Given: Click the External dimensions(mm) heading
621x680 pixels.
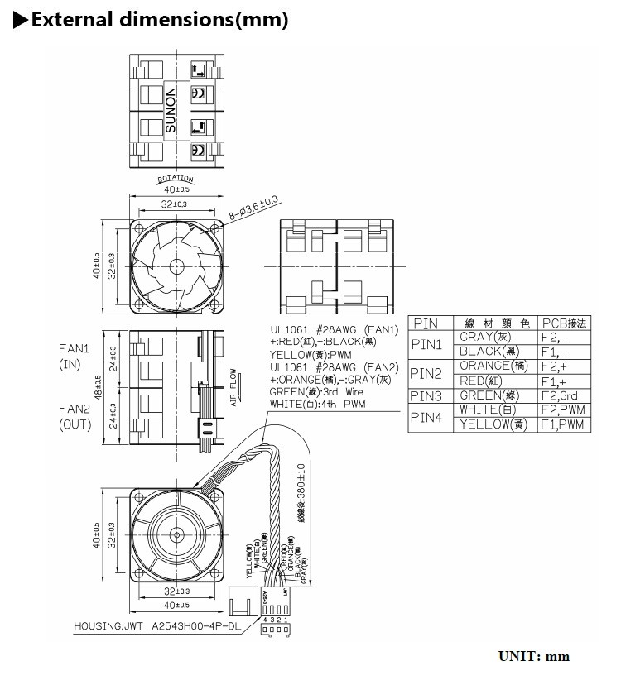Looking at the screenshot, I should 157,20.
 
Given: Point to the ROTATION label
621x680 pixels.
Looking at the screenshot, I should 175,179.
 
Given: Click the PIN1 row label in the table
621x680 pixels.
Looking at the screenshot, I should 427,343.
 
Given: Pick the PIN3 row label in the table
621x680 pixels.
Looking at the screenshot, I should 427,395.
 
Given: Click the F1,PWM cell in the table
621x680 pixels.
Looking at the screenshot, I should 562,424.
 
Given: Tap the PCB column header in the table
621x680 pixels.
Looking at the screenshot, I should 563,323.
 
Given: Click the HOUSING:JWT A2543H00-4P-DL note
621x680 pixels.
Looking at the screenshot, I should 157,625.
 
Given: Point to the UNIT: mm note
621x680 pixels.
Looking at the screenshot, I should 533,656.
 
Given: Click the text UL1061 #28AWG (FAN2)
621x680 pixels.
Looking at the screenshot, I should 334,366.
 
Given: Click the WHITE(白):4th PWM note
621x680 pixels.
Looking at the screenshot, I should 317,404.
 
